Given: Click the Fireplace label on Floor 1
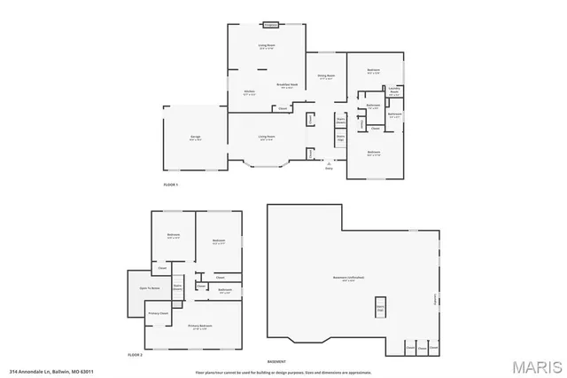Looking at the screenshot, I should point(271,24).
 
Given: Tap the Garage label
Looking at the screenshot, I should point(195,137).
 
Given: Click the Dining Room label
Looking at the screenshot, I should point(326,76).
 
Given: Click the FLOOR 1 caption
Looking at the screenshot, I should point(171,184).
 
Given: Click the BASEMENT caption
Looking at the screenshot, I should point(276,361).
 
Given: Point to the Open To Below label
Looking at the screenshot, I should point(150,288).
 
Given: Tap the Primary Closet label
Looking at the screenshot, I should point(159,313).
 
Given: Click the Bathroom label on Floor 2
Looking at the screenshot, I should point(225,290).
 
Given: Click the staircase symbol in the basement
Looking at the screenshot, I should point(381,310).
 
